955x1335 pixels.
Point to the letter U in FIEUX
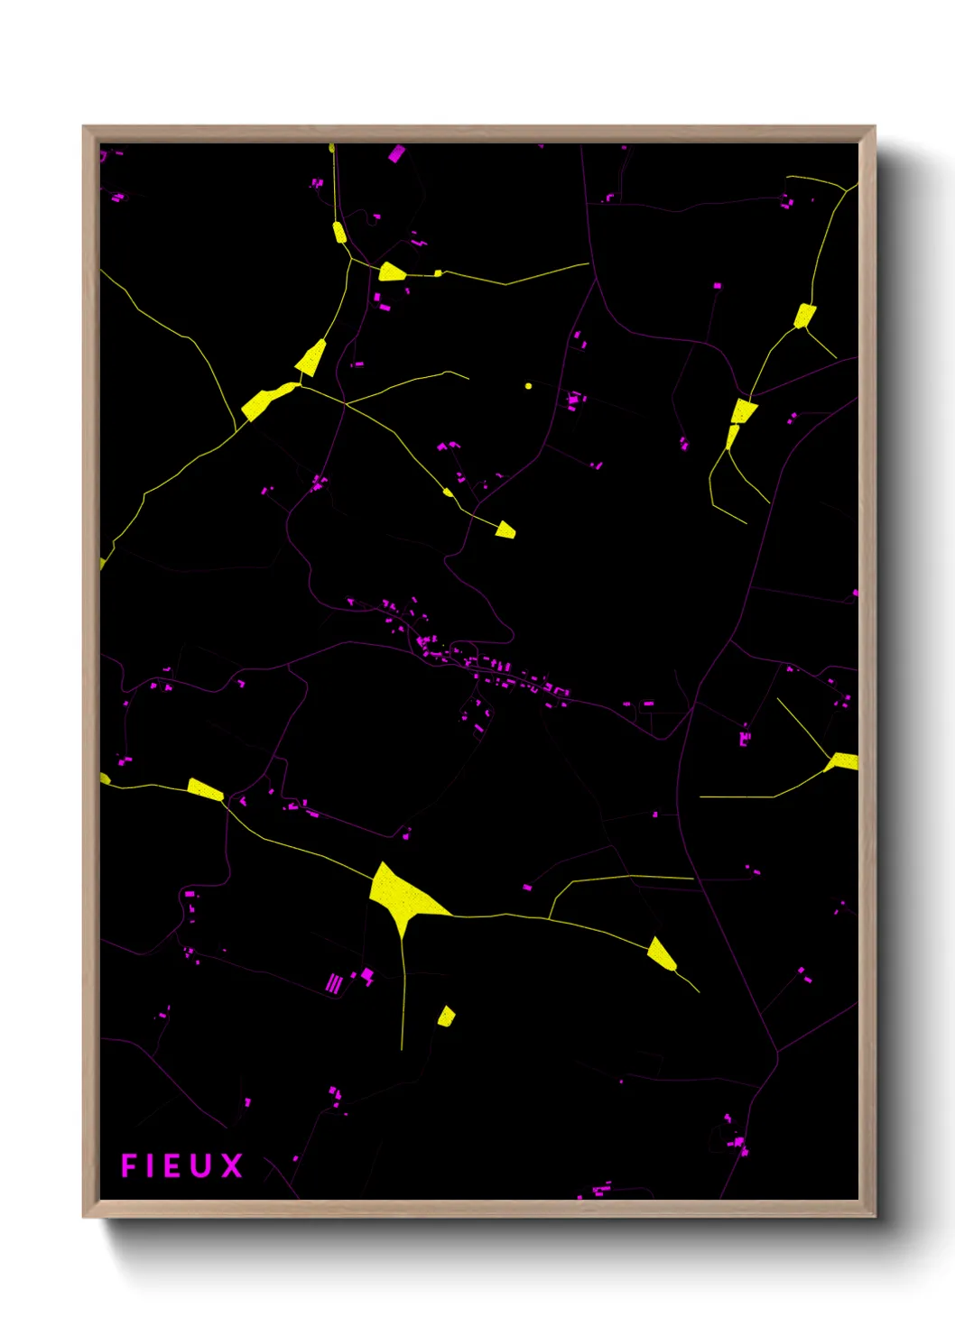pos(203,1165)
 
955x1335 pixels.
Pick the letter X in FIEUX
pos(232,1165)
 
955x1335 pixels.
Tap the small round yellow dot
pos(528,386)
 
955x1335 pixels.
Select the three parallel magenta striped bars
pos(334,982)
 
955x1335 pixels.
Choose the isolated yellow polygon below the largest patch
pos(446,1017)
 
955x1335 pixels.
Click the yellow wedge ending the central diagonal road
pos(505,530)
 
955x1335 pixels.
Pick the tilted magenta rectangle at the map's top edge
pos(396,153)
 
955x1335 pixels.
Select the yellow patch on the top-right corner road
pos(804,315)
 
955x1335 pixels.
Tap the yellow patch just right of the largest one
pos(661,953)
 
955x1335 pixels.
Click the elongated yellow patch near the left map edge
pos(205,789)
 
